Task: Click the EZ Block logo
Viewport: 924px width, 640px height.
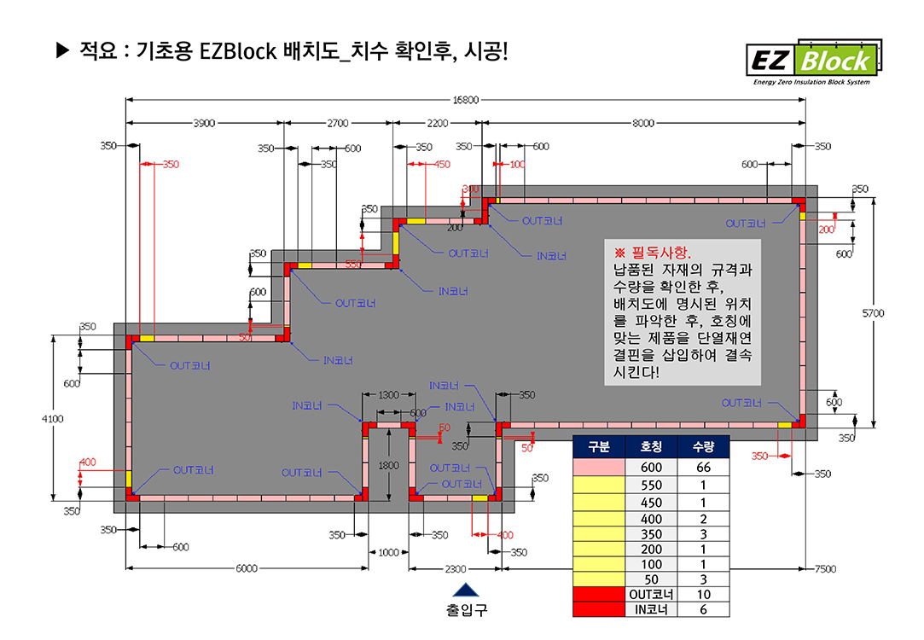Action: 811,61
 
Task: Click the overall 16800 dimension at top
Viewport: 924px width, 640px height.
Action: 466,100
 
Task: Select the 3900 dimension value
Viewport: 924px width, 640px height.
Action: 205,123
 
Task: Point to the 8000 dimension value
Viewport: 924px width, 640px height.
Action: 643,123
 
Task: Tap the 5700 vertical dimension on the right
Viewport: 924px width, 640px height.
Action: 873,313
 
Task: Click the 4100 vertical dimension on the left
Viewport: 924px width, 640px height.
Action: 53,419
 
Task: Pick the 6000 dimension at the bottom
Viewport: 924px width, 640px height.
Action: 247,568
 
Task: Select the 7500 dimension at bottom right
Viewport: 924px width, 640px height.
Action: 824,568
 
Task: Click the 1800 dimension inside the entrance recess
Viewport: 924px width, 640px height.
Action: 388,465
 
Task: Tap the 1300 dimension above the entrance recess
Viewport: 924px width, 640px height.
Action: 388,395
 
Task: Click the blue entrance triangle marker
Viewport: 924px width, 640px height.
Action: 465,590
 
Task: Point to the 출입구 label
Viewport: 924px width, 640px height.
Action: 466,610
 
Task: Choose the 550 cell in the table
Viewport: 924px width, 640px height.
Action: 650,485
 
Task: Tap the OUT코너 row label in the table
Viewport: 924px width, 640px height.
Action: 650,595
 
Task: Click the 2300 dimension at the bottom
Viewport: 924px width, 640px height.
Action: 455,568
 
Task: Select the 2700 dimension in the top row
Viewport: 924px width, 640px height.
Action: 338,123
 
